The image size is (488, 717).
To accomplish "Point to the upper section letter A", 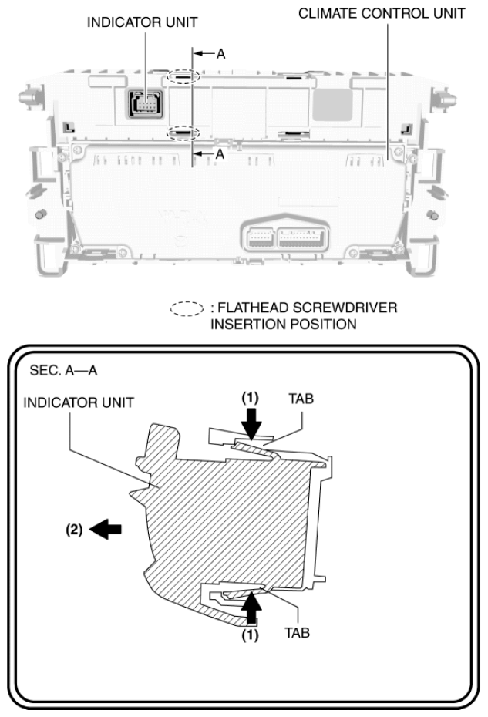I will point(220,54).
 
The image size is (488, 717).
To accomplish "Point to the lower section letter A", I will point(220,154).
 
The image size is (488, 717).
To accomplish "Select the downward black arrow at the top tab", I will point(251,422).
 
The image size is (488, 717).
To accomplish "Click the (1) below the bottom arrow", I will point(251,637).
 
